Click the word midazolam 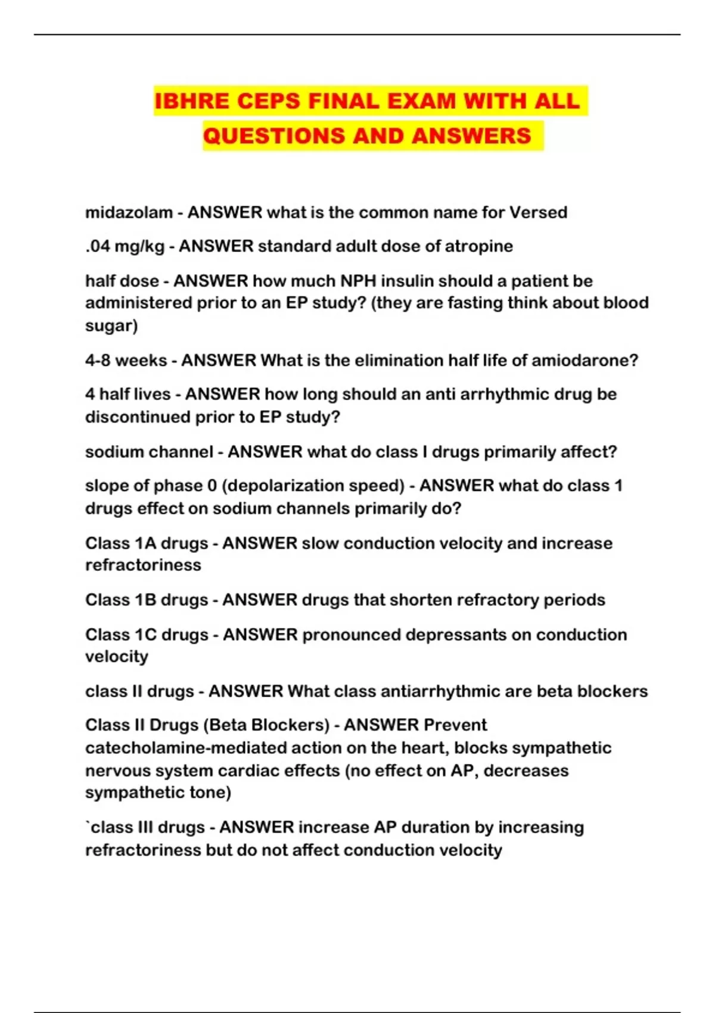click(x=129, y=212)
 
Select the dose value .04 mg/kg click(x=125, y=246)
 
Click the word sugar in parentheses click(x=110, y=325)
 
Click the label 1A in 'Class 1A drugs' click(x=145, y=543)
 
